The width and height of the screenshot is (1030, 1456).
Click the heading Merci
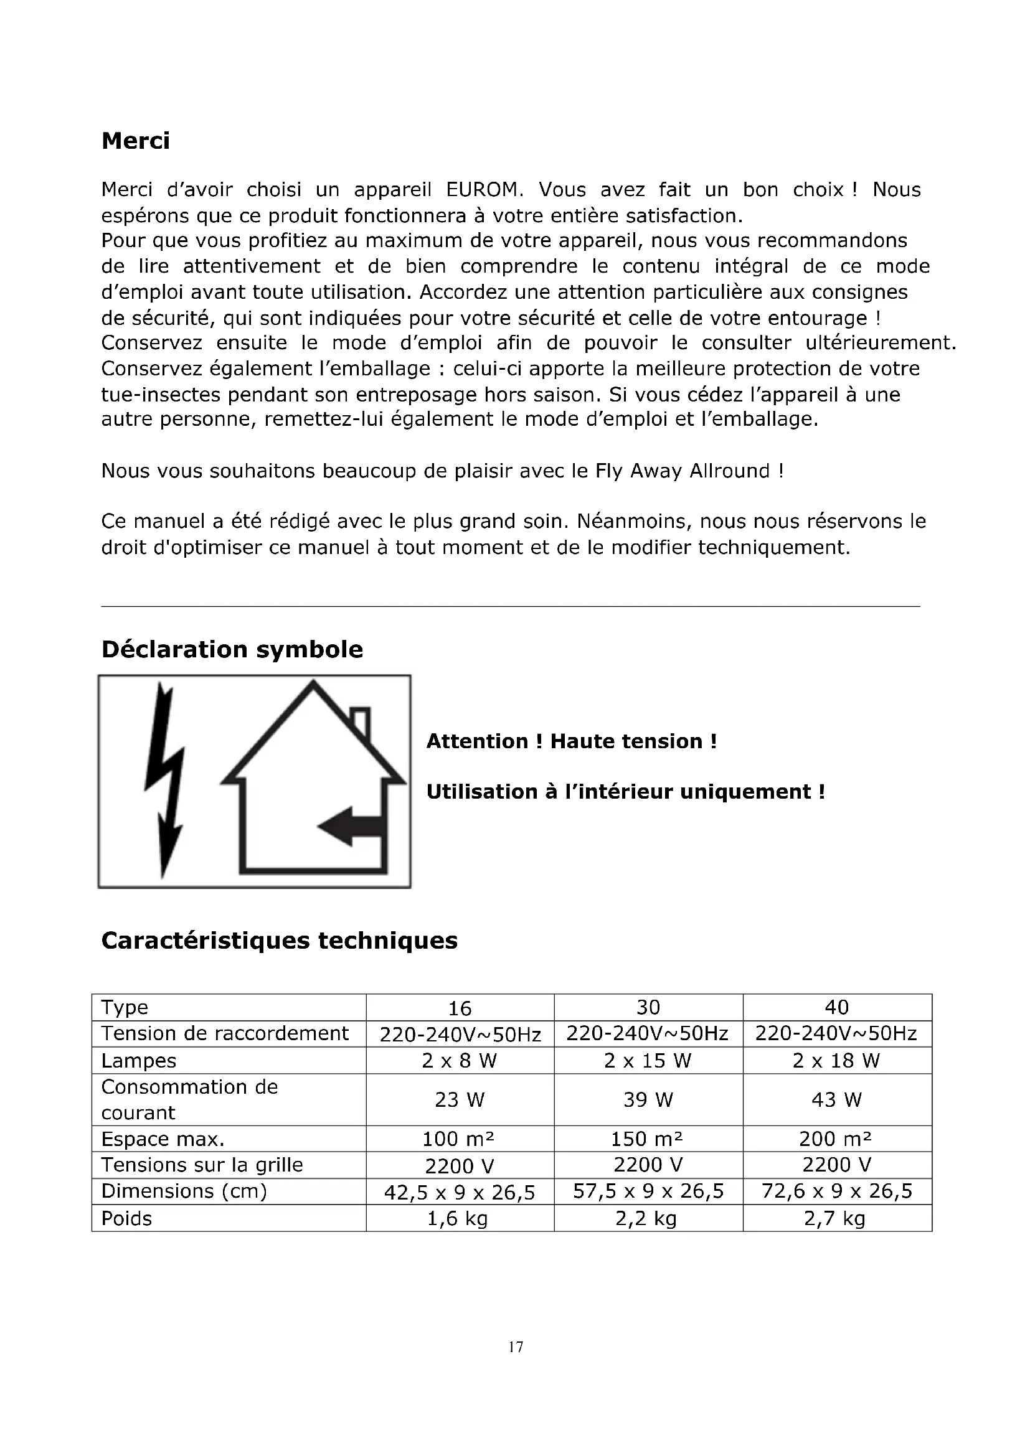pos(135,141)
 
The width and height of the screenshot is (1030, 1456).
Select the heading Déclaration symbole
pos(232,649)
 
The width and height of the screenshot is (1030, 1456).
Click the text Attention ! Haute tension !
pos(572,741)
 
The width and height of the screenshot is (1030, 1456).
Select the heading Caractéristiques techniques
pos(279,940)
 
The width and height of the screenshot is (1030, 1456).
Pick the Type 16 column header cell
pos(460,1008)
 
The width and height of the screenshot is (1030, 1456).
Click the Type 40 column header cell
pos(836,1007)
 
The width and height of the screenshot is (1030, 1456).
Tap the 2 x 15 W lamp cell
pos(648,1060)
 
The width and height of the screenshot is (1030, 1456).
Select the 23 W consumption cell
pos(460,1099)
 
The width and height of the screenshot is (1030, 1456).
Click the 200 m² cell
pos(836,1139)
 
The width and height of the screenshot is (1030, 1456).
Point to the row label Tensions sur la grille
pos(202,1165)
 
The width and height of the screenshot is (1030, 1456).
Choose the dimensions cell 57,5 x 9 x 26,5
pos(648,1191)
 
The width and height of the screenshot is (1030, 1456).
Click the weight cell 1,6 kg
pos(458,1218)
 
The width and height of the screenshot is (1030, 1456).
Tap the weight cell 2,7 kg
pos(834,1218)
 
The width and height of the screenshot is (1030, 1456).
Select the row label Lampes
pos(139,1060)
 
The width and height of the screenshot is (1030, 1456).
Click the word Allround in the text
pos(729,471)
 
